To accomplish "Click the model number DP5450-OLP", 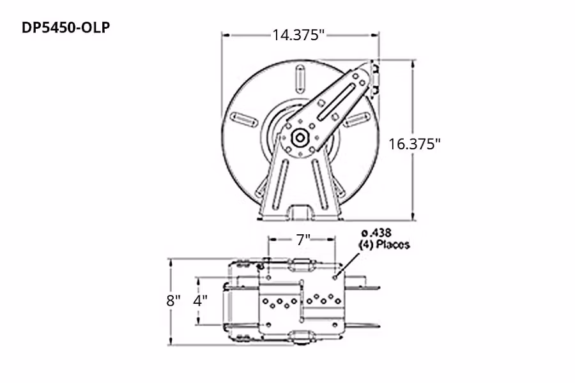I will [x=61, y=29].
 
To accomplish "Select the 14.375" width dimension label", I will [x=299, y=35].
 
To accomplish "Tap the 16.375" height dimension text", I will [x=415, y=144].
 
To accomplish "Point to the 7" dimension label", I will [x=303, y=239].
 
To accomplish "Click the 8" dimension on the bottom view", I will [x=174, y=301].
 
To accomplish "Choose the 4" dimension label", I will [x=201, y=301].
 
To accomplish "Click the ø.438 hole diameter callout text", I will [x=376, y=232].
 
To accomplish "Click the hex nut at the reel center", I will [x=299, y=137].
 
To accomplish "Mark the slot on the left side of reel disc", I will [x=243, y=118].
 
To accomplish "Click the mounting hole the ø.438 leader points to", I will [x=336, y=277].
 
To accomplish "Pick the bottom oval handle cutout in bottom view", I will [x=300, y=336].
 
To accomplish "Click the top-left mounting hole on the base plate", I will [x=269, y=277].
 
